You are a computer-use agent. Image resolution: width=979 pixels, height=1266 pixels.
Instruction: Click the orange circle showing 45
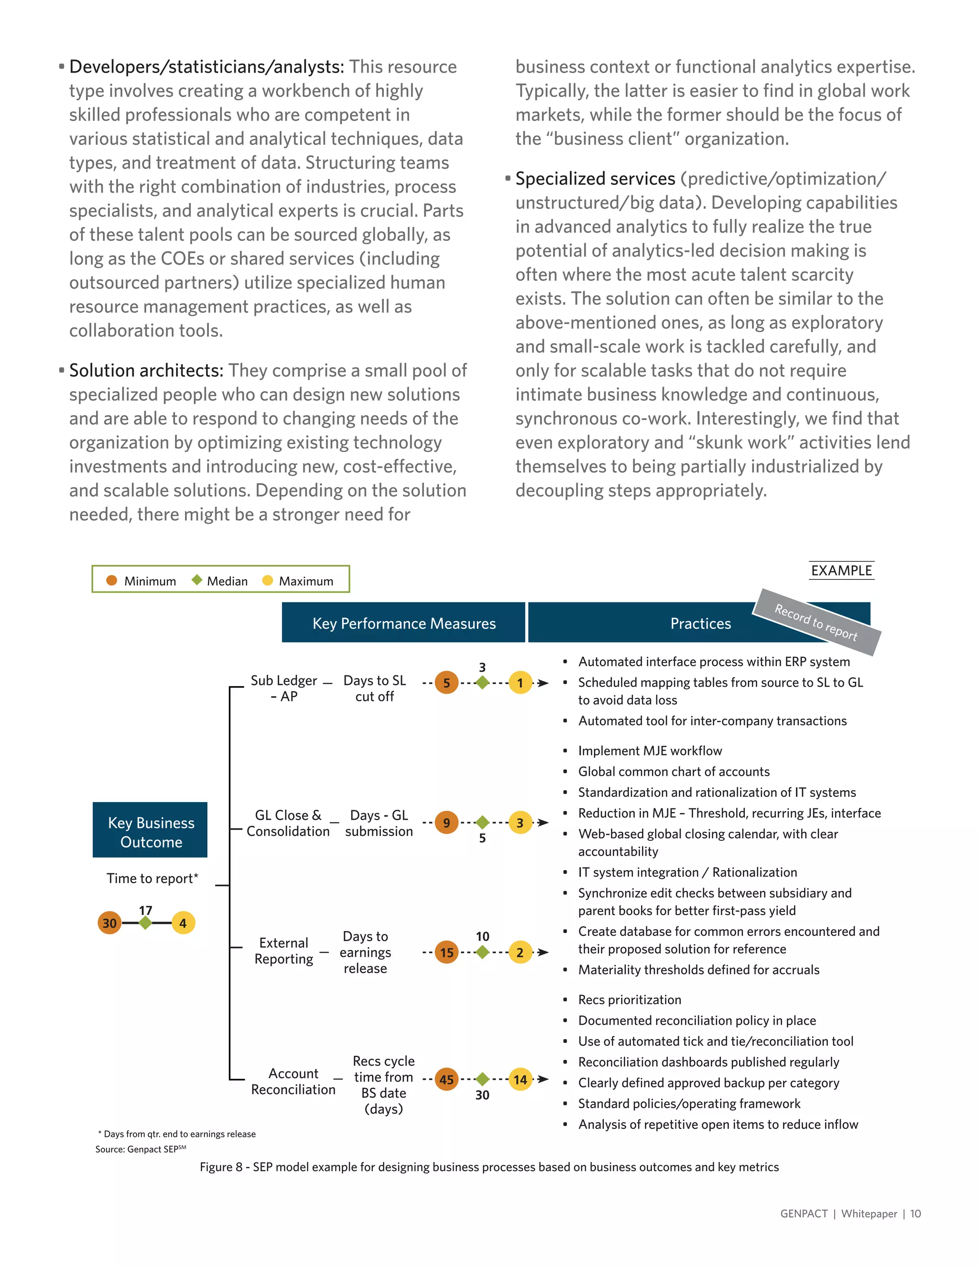coord(446,1079)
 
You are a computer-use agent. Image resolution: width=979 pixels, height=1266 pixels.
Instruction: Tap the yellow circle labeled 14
coord(520,1079)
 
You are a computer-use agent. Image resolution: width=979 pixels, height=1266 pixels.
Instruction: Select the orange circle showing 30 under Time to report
coord(109,923)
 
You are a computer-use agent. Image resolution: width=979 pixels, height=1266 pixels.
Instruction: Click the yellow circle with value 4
coord(183,923)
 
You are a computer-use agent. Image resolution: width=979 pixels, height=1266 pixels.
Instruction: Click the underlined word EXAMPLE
coord(841,570)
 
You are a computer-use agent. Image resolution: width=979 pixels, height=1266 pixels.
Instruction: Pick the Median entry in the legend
coord(220,581)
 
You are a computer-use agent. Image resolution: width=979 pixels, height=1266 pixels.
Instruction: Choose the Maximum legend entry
coord(298,581)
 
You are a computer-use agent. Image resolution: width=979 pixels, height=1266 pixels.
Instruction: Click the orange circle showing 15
coord(446,953)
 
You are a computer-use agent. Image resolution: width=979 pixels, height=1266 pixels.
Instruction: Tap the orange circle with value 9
coord(446,823)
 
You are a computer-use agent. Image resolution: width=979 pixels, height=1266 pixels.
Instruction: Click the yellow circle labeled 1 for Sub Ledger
coord(520,683)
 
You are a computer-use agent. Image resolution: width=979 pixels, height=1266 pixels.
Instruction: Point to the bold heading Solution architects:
coord(146,370)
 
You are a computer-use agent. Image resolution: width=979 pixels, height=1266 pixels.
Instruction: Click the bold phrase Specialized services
coord(595,179)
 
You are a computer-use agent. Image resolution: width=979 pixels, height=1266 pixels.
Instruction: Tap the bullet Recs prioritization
coord(629,999)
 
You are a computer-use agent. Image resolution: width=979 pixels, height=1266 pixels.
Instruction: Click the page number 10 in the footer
coord(915,1213)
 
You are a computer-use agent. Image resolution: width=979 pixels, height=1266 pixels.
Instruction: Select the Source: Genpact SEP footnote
coord(141,1149)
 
